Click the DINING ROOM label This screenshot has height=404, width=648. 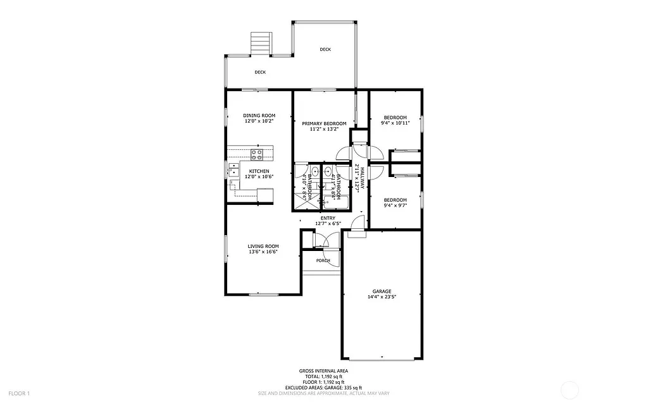[x=259, y=115]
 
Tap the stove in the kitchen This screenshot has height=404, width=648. [x=258, y=153]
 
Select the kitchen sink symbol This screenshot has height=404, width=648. [x=233, y=169]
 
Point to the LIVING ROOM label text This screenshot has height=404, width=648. [x=263, y=247]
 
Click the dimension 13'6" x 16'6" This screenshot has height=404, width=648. [x=263, y=252]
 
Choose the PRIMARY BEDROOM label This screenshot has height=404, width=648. [x=324, y=123]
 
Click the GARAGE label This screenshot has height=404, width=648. [x=382, y=291]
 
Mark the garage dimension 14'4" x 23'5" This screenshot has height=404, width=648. [x=382, y=297]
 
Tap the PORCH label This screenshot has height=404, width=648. [x=323, y=260]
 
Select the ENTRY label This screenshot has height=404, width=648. [x=328, y=218]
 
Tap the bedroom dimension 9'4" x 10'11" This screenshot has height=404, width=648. [x=396, y=123]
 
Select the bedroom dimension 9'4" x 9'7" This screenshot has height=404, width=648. [x=396, y=205]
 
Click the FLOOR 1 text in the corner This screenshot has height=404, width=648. [x=20, y=393]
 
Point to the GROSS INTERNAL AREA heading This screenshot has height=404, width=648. [x=323, y=371]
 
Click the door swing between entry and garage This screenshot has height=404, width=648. [x=358, y=223]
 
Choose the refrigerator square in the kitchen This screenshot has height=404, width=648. [x=265, y=195]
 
